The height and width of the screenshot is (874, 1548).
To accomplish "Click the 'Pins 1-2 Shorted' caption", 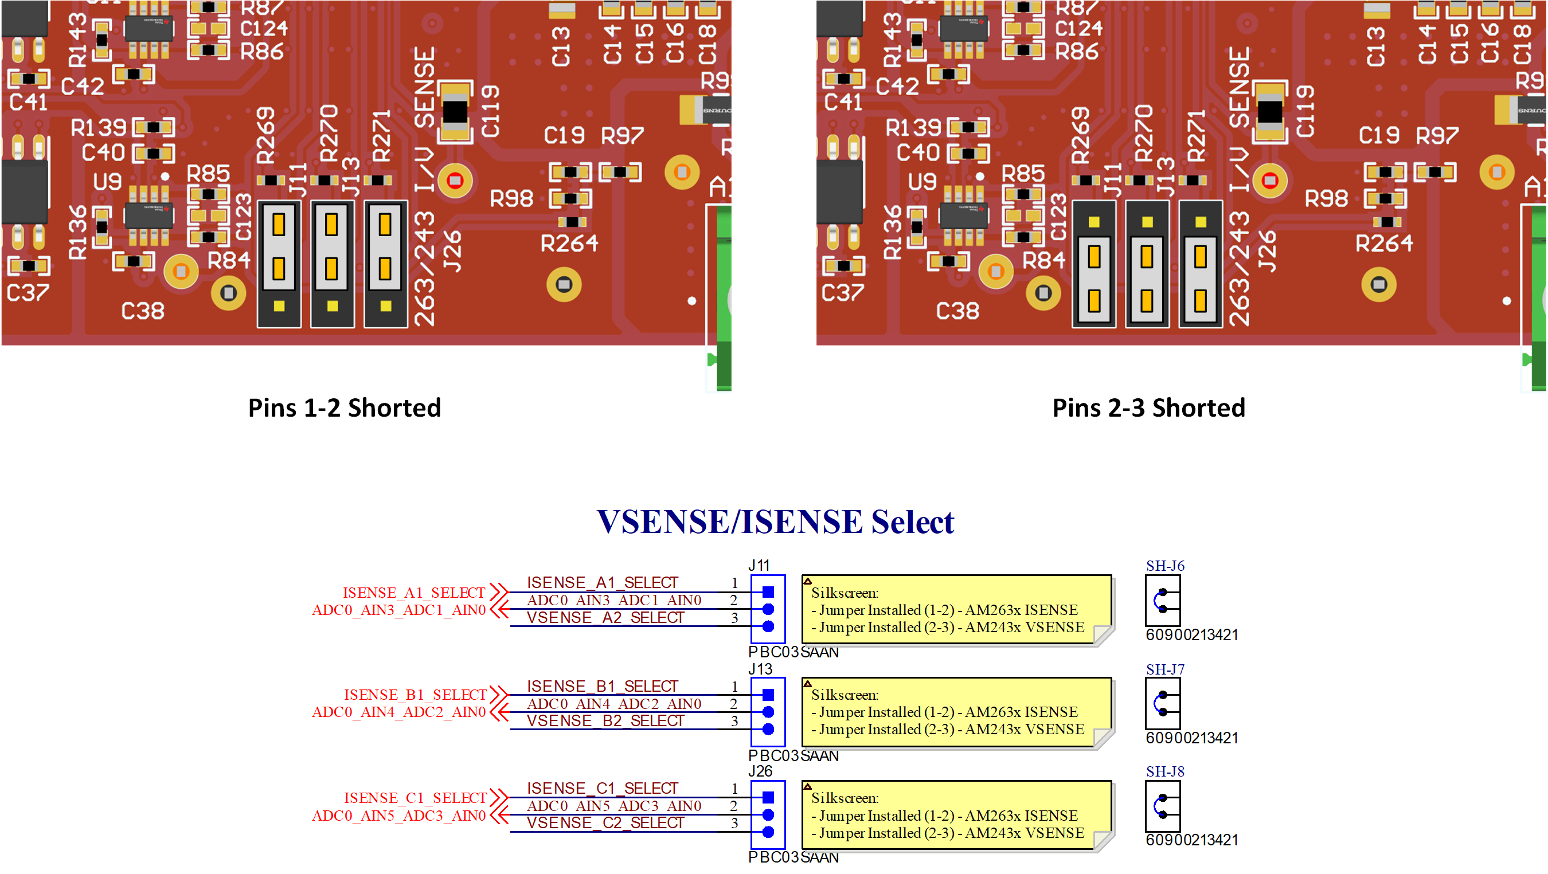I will [x=345, y=408].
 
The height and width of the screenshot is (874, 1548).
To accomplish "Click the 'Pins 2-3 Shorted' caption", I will [x=1148, y=408].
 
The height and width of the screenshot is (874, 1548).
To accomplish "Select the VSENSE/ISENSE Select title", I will [x=775, y=522].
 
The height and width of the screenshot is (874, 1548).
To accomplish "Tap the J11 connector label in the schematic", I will [x=759, y=565].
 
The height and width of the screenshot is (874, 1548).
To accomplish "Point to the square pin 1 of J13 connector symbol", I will [x=768, y=695].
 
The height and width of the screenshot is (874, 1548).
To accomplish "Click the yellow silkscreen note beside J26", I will [x=956, y=815].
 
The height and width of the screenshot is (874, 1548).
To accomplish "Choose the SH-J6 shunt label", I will [x=1164, y=566].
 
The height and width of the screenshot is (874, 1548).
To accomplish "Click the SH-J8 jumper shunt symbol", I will [x=1162, y=806].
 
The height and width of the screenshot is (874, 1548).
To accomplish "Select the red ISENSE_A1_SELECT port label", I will [x=413, y=593].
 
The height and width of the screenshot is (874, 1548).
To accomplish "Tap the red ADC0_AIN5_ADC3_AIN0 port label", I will [x=398, y=816].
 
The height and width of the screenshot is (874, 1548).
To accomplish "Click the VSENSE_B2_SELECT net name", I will [x=605, y=721].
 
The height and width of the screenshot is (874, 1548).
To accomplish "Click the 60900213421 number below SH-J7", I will [x=1191, y=738].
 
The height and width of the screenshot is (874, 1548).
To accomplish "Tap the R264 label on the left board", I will [x=569, y=243].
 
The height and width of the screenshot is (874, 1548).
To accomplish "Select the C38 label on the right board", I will [x=957, y=311].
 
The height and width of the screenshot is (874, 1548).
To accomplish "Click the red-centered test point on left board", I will [x=455, y=180].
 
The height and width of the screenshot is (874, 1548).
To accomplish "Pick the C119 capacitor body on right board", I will [x=1270, y=112].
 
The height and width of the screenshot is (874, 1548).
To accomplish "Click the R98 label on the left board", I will [x=511, y=198].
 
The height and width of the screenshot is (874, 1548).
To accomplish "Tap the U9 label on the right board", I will [x=922, y=182].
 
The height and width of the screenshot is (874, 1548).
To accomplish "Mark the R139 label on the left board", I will [x=99, y=127].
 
